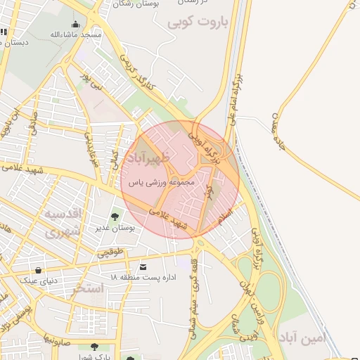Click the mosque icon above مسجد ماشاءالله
[75, 25]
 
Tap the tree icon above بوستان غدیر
[115, 217]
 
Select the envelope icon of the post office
[144, 267]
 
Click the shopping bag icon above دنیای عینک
[37, 270]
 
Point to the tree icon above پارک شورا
[94, 347]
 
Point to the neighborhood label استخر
[89, 288]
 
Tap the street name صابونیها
[56, 340]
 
